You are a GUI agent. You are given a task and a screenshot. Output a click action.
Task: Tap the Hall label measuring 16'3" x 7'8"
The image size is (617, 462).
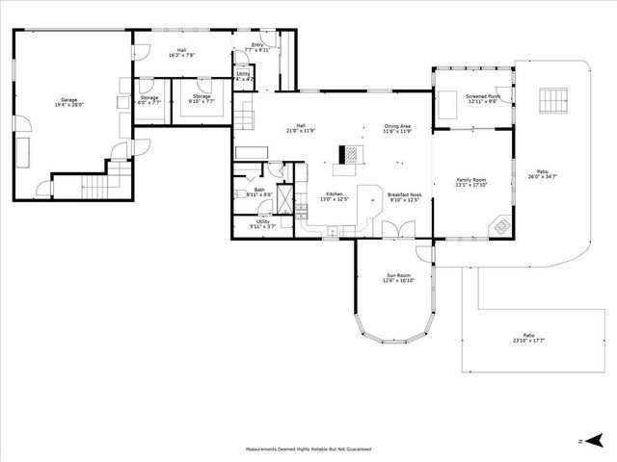click(x=180, y=52)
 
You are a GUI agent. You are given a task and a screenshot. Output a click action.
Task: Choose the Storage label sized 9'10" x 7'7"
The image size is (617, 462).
click(x=201, y=98)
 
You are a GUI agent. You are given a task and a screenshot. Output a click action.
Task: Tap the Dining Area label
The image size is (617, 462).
click(x=398, y=127)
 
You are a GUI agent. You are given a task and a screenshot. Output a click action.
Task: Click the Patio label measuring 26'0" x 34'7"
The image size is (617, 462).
click(x=543, y=174)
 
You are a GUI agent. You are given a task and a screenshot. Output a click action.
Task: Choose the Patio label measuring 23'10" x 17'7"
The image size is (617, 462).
click(x=528, y=337)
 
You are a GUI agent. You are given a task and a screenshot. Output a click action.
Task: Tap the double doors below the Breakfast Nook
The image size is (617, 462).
click(x=393, y=230)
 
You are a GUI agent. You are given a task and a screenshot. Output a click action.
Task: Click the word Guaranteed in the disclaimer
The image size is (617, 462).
click(x=354, y=449)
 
